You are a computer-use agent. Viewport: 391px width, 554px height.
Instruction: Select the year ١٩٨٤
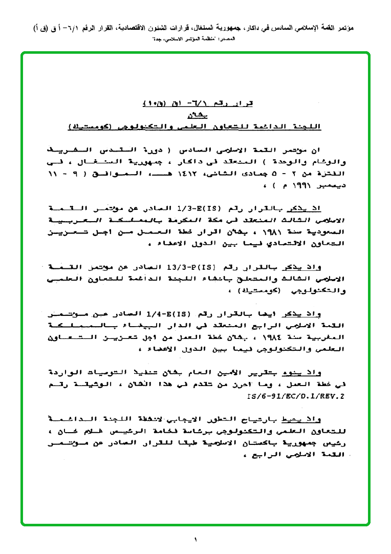[293, 337]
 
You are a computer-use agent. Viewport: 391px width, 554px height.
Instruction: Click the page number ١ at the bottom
[195, 539]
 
